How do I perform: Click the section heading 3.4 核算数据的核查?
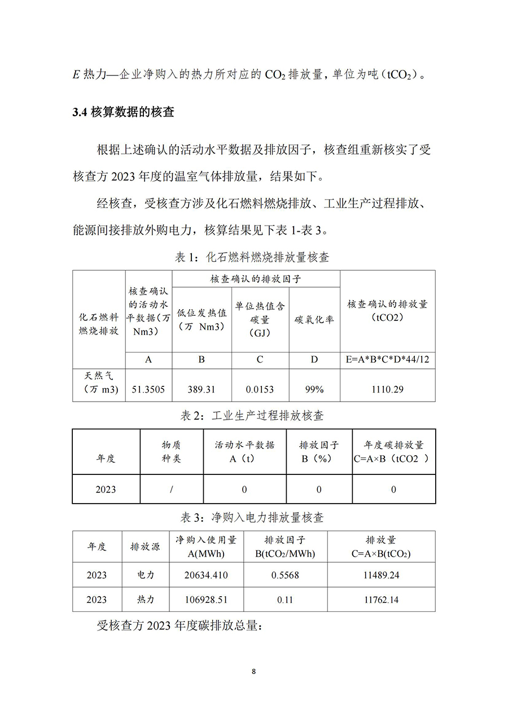pyautogui.click(x=124, y=112)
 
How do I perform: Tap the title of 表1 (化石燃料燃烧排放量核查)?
pyautogui.click(x=252, y=257)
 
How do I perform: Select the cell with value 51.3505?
pyautogui.click(x=148, y=389)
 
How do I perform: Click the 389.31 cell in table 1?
pyautogui.click(x=202, y=389)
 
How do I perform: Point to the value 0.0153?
pyautogui.click(x=260, y=389)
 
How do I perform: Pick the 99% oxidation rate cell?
pyautogui.click(x=314, y=389)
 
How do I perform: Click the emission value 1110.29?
pyautogui.click(x=387, y=389)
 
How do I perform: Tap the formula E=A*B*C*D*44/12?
pyautogui.click(x=387, y=360)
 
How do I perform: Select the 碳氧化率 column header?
pyautogui.click(x=314, y=319)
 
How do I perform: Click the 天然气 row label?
pyautogui.click(x=99, y=382)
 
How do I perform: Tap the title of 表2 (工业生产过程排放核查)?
pyautogui.click(x=252, y=416)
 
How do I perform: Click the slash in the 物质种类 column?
pyautogui.click(x=172, y=489)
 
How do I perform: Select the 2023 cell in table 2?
pyautogui.click(x=106, y=489)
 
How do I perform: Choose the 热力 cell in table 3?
pyautogui.click(x=146, y=600)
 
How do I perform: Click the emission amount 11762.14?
pyautogui.click(x=381, y=600)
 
